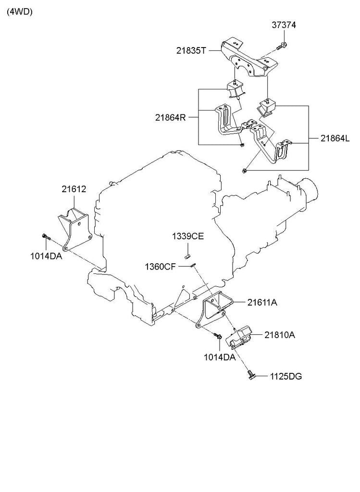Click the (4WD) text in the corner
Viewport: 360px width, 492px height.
click(x=20, y=13)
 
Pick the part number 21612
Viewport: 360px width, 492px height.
click(x=74, y=189)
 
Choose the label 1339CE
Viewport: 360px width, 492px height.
click(x=188, y=236)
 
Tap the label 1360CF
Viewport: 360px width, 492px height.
click(x=161, y=267)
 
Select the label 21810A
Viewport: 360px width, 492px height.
click(x=279, y=334)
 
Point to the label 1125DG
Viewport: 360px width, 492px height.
click(x=286, y=376)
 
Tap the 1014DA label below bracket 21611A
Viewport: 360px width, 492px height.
click(x=219, y=357)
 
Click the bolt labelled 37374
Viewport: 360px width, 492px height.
click(x=282, y=46)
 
